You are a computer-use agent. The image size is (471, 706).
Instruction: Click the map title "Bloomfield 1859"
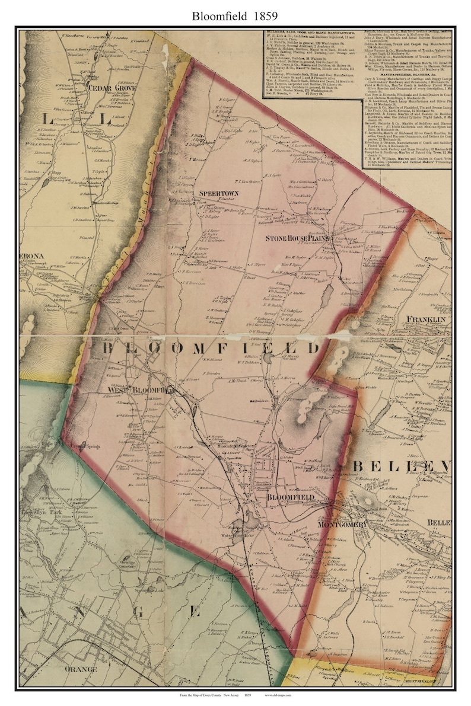(x=235, y=16)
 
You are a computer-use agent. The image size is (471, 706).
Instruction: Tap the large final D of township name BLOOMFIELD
(x=313, y=347)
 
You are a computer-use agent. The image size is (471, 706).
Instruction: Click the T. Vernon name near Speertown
(x=196, y=159)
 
